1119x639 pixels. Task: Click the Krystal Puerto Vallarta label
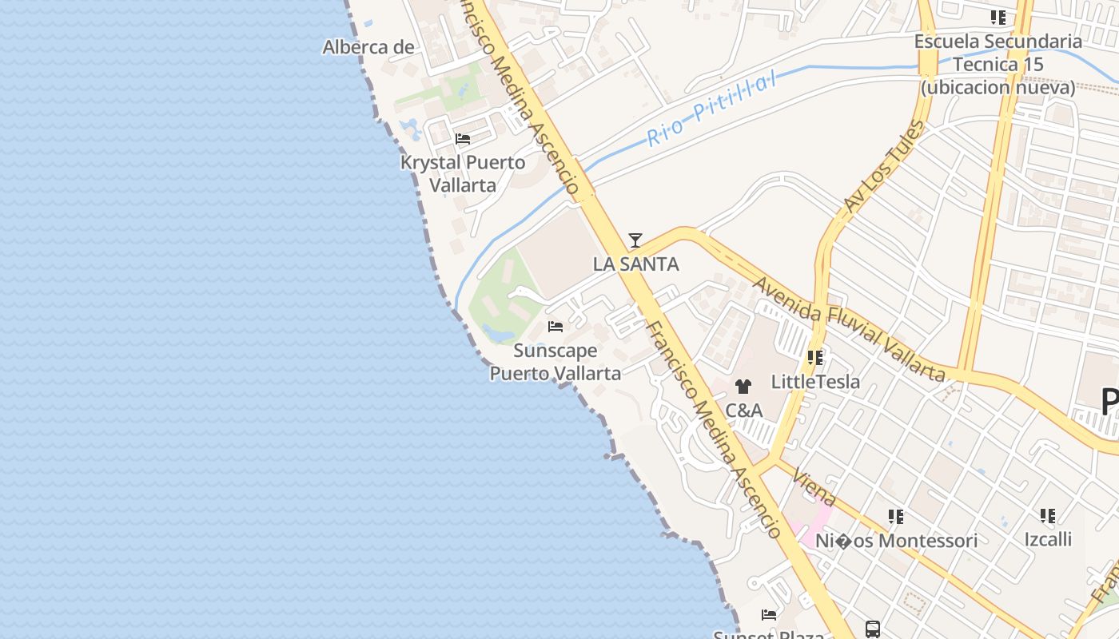click(x=463, y=173)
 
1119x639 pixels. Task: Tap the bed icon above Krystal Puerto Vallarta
click(x=463, y=139)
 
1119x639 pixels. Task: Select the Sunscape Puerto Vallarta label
click(x=555, y=362)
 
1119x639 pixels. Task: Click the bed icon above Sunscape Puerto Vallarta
click(x=556, y=327)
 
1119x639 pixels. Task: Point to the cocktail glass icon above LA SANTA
click(x=635, y=240)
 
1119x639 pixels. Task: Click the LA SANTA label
click(x=635, y=264)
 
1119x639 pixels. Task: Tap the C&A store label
click(x=743, y=411)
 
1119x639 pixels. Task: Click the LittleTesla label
click(x=815, y=382)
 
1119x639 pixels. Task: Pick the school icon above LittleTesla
click(x=815, y=358)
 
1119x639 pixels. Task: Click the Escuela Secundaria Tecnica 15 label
click(x=998, y=64)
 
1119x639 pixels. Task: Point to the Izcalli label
click(x=1048, y=539)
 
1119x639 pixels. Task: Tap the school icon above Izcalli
click(x=1048, y=516)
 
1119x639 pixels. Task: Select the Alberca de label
click(x=368, y=47)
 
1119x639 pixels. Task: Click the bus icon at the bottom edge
click(x=873, y=629)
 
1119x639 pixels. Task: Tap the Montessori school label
click(x=896, y=541)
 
